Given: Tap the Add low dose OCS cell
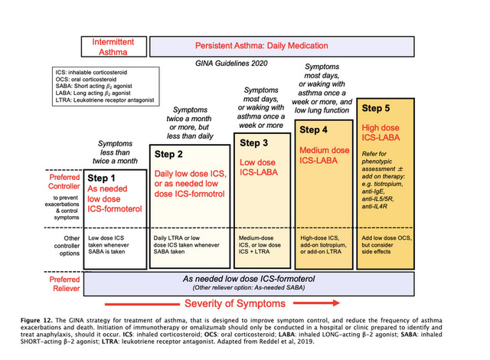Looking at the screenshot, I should (x=387, y=243).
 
